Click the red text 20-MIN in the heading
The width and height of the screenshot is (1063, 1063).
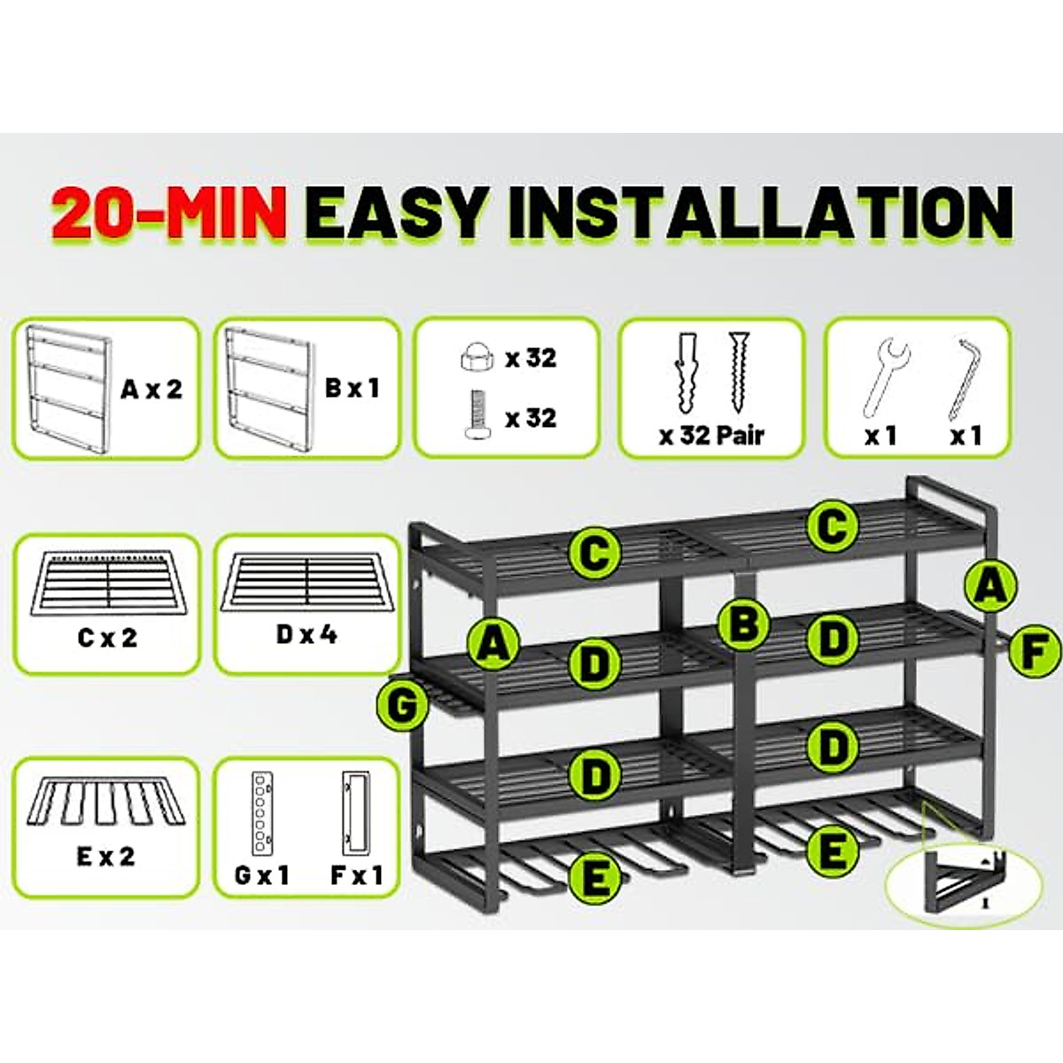[x=168, y=213]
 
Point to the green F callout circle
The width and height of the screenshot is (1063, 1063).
[x=1033, y=652]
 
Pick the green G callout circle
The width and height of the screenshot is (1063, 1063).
[x=402, y=705]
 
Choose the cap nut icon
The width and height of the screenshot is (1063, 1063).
[x=475, y=357]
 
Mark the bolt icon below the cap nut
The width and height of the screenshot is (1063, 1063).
[x=477, y=416]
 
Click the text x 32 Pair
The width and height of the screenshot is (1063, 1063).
[x=710, y=435]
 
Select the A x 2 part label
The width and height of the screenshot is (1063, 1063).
[x=151, y=388]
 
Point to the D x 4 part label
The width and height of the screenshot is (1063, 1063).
[x=306, y=634]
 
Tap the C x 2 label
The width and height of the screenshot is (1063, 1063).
[x=107, y=637]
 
